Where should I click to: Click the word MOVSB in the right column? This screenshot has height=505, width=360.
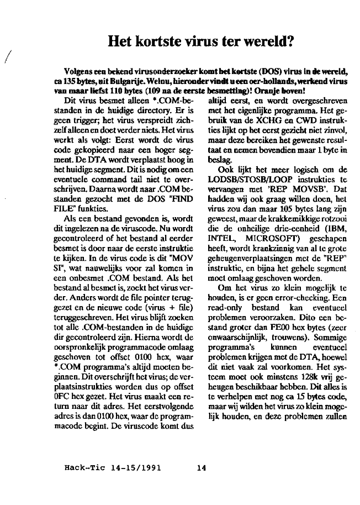272,188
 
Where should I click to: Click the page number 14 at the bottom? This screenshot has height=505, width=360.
201,469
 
